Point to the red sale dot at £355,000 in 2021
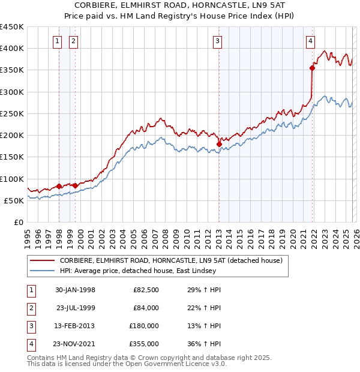coord(313,68)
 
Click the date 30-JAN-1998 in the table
coord(75,290)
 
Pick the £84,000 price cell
coord(146,308)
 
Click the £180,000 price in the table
coord(144,326)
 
